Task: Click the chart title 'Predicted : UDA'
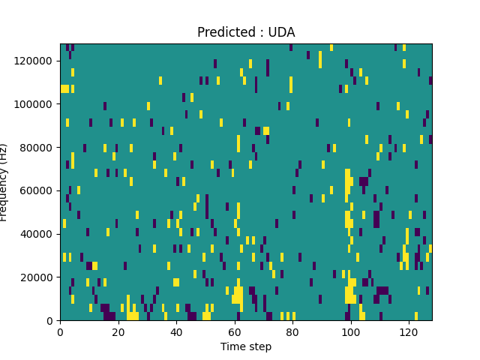(246, 32)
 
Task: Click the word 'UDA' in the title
(280, 32)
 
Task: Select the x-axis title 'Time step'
(246, 346)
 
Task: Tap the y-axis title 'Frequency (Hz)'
(4, 182)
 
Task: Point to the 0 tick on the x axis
(60, 331)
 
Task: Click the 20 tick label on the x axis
(118, 331)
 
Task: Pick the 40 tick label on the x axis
(176, 331)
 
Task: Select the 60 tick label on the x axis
(234, 331)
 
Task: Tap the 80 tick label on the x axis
(292, 331)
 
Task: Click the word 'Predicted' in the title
(222, 32)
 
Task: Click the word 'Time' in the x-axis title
(232, 346)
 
